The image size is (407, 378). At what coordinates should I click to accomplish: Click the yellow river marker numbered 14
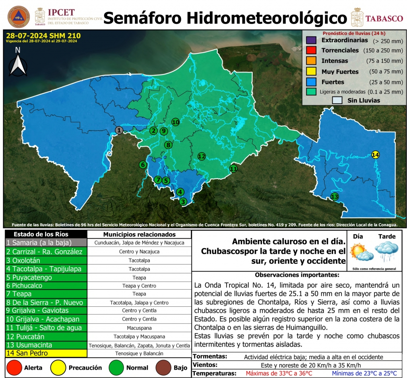(375, 155)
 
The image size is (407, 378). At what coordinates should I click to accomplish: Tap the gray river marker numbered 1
(119, 130)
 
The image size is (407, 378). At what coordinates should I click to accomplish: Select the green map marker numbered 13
(335, 197)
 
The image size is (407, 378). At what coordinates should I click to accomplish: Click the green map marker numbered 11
(233, 169)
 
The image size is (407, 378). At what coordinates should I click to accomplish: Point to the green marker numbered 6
(143, 165)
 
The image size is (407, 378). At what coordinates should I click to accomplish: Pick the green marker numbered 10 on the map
(175, 122)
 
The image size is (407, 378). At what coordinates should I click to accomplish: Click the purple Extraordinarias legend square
(311, 41)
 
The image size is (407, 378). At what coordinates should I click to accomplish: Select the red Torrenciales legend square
(311, 51)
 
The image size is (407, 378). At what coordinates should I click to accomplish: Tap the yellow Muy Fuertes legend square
(311, 72)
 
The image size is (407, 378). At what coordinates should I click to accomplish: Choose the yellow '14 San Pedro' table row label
(45, 353)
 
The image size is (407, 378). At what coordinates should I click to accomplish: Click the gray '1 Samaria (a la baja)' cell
(45, 243)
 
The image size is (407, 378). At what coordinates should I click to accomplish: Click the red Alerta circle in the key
(14, 368)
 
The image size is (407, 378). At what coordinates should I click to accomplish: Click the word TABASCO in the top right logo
(384, 18)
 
